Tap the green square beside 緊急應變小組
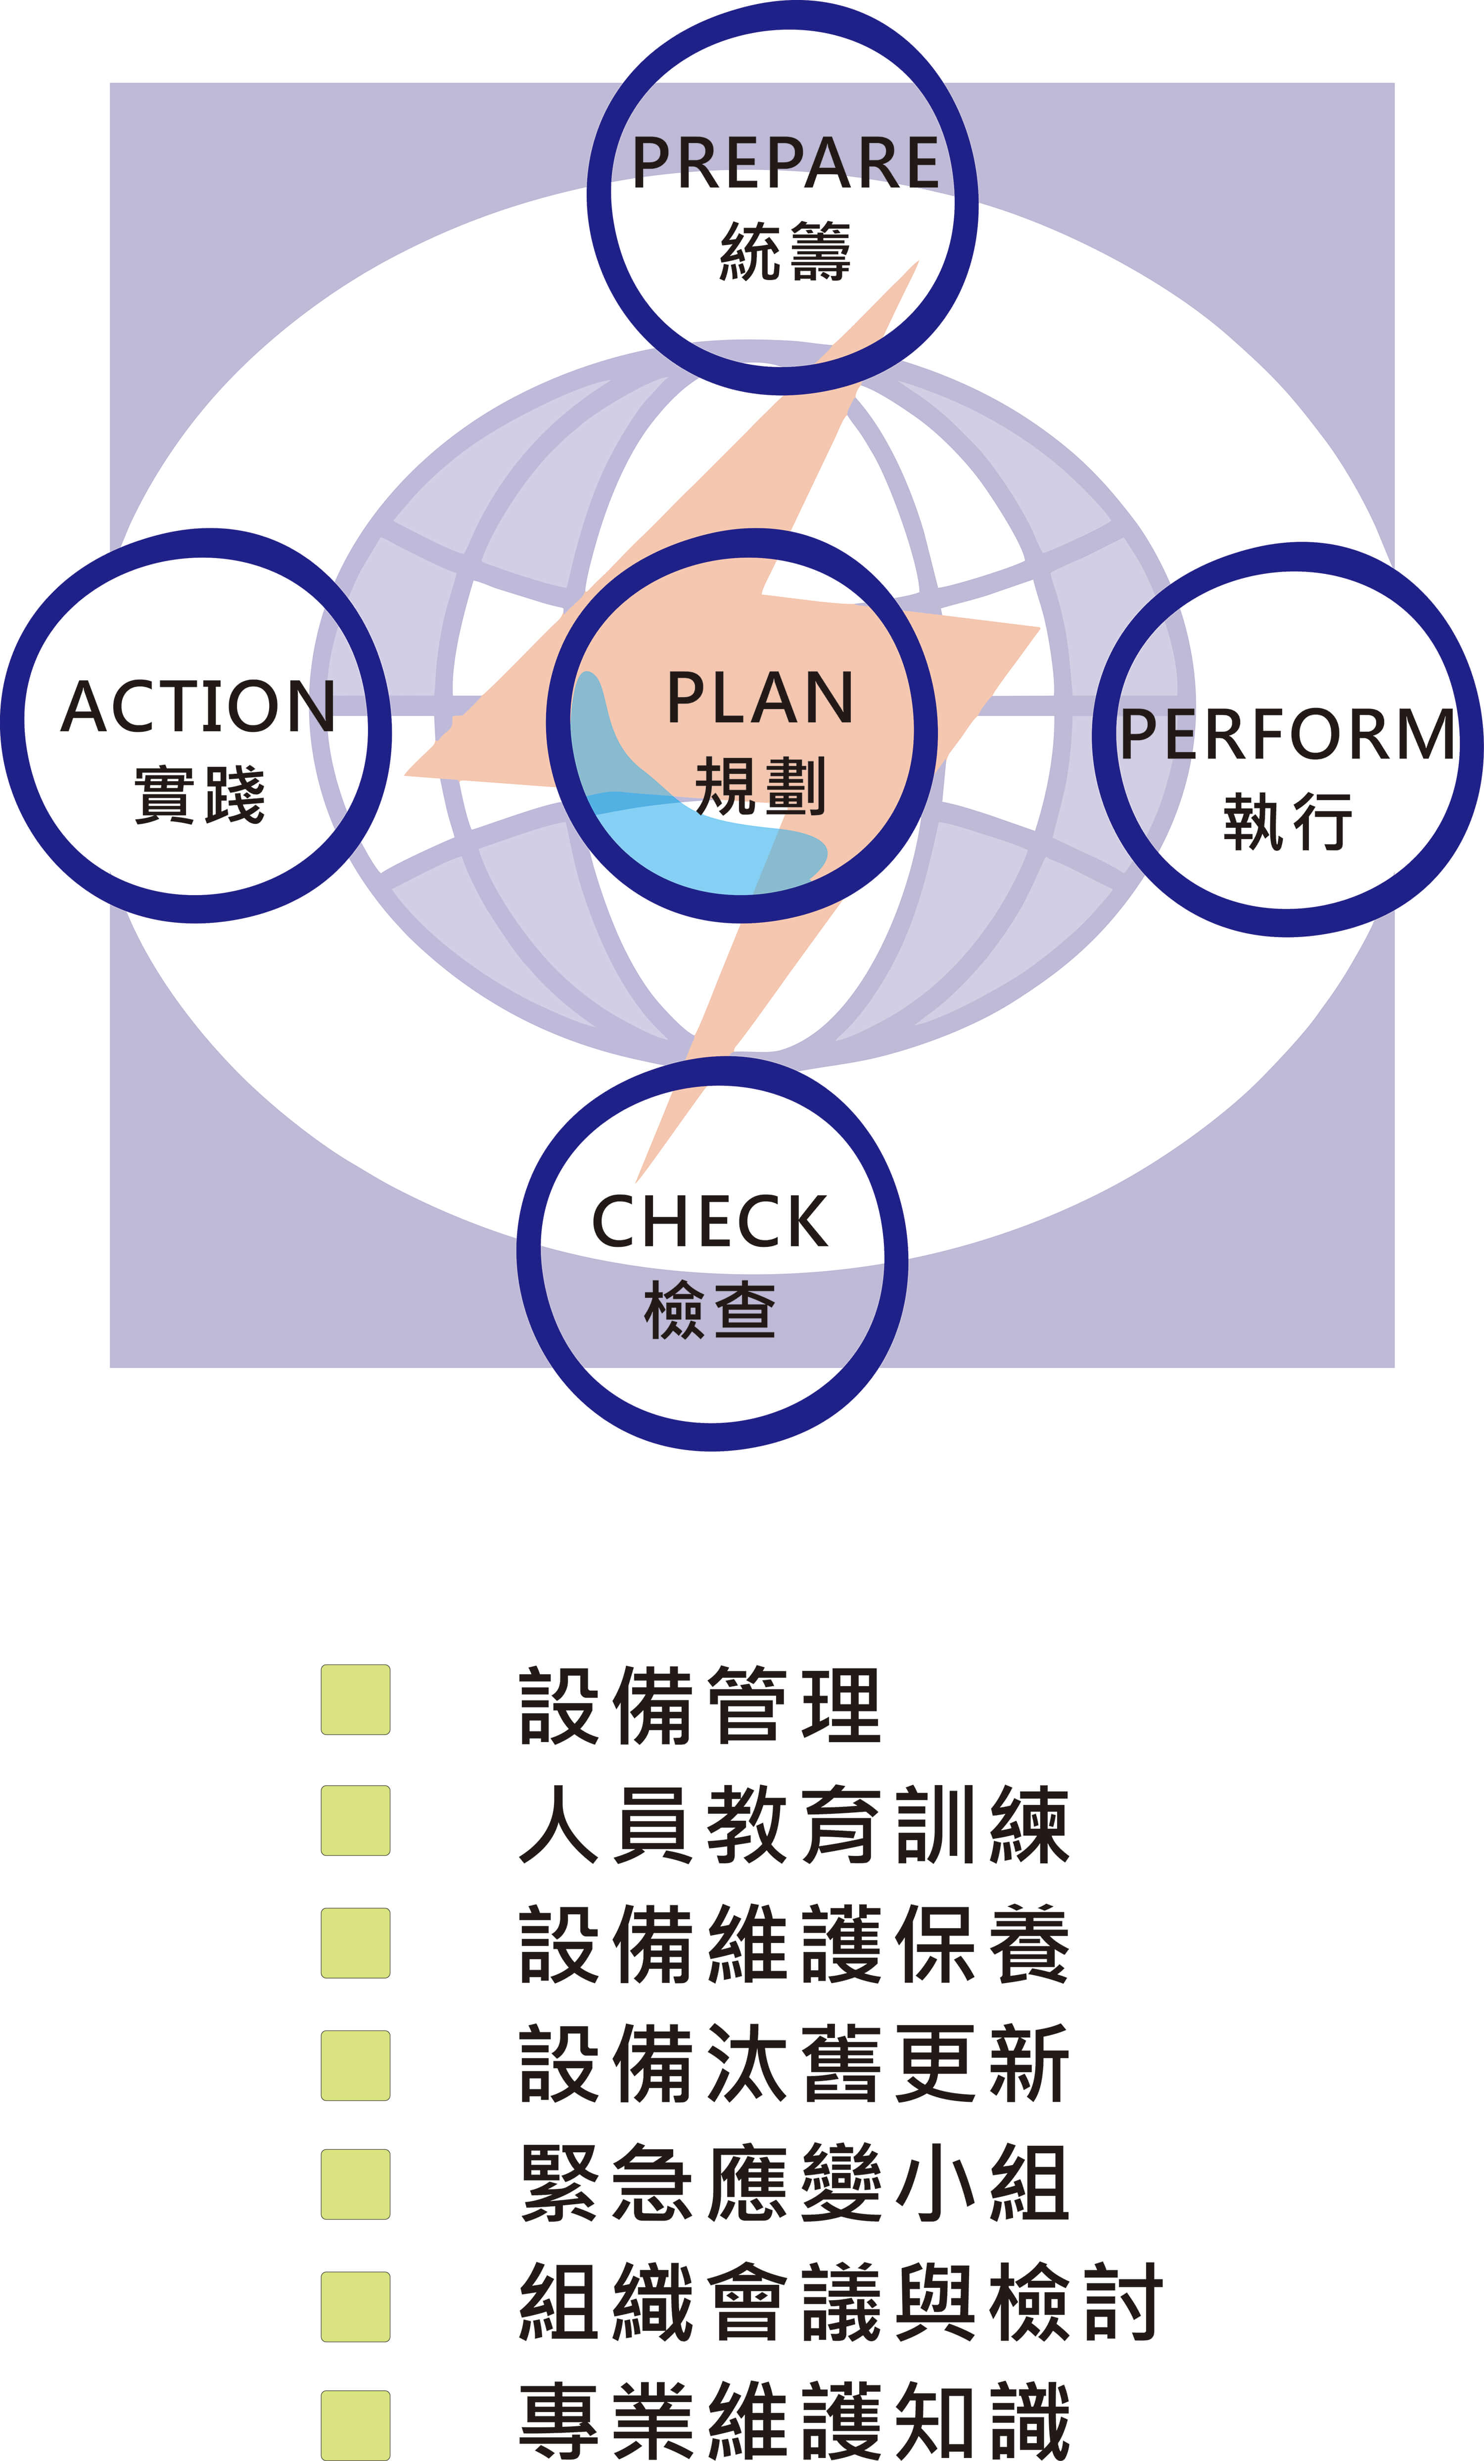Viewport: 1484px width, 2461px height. click(356, 2184)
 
